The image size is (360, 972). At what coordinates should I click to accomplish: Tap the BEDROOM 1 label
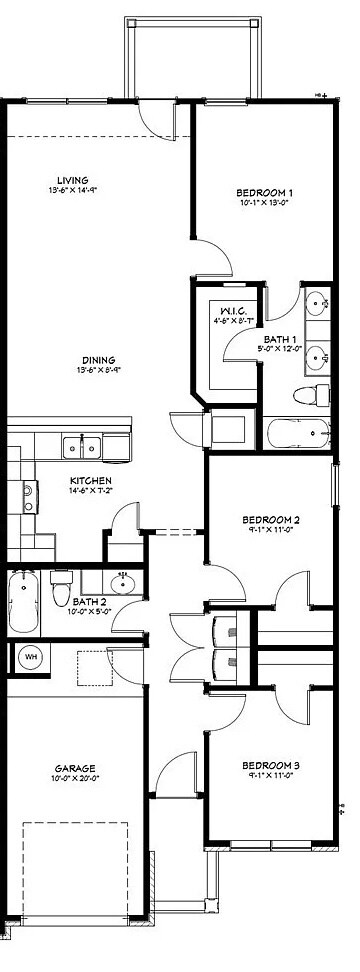click(x=264, y=192)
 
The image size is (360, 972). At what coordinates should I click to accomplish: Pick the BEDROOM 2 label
click(x=270, y=520)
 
